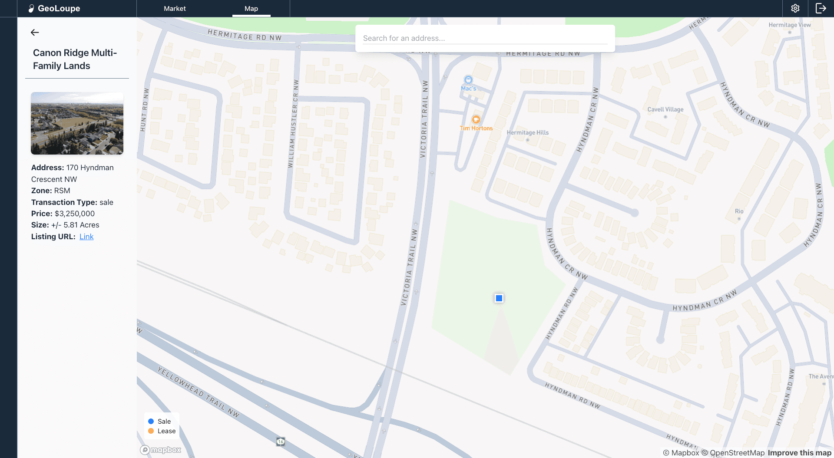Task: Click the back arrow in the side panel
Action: [35, 33]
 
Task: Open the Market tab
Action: [175, 9]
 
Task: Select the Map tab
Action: [251, 9]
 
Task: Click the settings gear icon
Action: [795, 9]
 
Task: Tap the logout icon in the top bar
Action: [821, 9]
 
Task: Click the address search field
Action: [485, 38]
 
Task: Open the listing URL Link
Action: [86, 237]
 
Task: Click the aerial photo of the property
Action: [77, 123]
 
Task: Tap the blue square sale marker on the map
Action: [499, 298]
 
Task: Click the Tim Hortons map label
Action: [476, 128]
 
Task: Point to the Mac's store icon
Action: [468, 80]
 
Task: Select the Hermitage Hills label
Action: [527, 133]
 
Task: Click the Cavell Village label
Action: [665, 110]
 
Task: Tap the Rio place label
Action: [739, 211]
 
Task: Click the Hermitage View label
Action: [789, 25]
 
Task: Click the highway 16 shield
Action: [281, 442]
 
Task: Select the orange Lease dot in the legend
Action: [151, 431]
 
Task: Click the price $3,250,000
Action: [75, 214]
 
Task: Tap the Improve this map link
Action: [799, 453]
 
